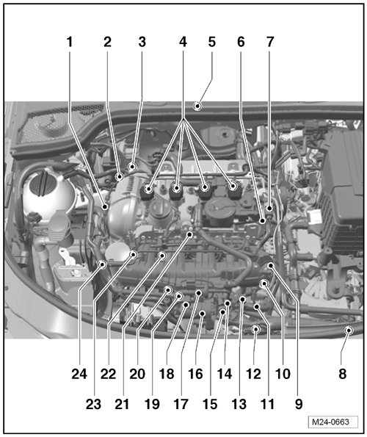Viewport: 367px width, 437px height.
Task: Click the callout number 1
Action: coord(70,42)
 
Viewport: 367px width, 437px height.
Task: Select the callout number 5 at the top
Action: coord(212,42)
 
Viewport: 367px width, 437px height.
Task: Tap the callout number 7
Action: coord(270,42)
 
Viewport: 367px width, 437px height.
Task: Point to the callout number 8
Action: coord(343,374)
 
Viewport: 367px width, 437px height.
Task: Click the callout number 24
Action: coord(79,374)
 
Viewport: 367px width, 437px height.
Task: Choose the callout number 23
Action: coord(93,404)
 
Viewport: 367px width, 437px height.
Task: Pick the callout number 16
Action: coord(195,374)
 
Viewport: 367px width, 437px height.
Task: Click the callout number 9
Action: coord(299,404)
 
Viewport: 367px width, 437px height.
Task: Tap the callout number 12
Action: coord(253,374)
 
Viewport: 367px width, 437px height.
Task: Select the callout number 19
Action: coord(152,404)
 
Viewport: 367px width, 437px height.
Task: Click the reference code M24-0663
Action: coord(330,422)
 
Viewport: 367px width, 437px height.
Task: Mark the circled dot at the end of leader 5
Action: coord(197,106)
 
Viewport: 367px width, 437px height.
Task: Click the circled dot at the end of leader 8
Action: coord(349,331)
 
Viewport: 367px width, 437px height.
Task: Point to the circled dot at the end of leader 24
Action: coord(103,264)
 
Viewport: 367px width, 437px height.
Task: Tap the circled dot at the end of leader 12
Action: coord(255,330)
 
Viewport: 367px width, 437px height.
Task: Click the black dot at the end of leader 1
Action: coord(105,207)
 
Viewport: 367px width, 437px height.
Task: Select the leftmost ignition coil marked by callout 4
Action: coord(148,192)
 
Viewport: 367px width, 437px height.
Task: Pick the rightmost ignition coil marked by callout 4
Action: coord(234,190)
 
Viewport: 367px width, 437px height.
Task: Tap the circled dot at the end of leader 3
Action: coord(132,167)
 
